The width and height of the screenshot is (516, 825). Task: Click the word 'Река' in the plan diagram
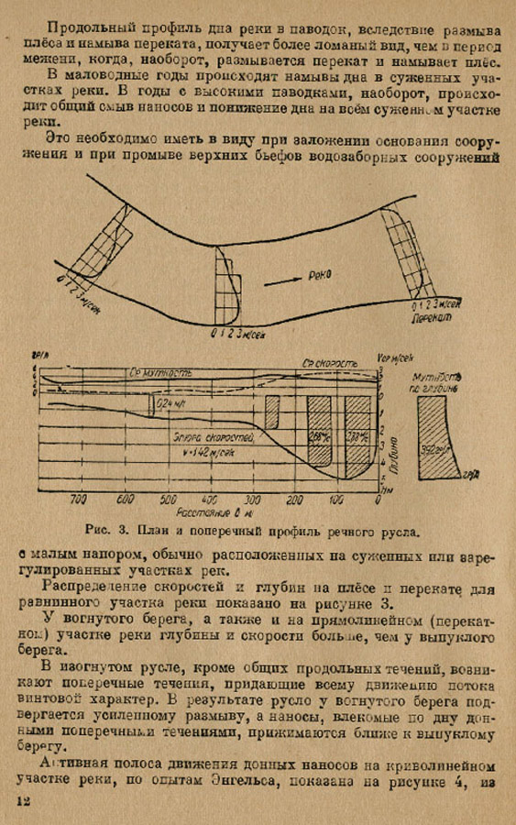click(319, 274)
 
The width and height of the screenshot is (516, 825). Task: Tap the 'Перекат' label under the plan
click(430, 317)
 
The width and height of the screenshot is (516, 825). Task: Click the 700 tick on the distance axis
click(78, 500)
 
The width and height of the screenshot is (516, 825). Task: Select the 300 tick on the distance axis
click(252, 500)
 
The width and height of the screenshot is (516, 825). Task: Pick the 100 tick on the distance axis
click(336, 500)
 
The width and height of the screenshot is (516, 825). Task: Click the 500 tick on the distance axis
click(168, 500)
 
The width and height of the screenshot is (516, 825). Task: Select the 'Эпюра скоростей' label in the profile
click(207, 438)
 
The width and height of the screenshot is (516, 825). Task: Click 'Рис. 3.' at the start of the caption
click(96, 530)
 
